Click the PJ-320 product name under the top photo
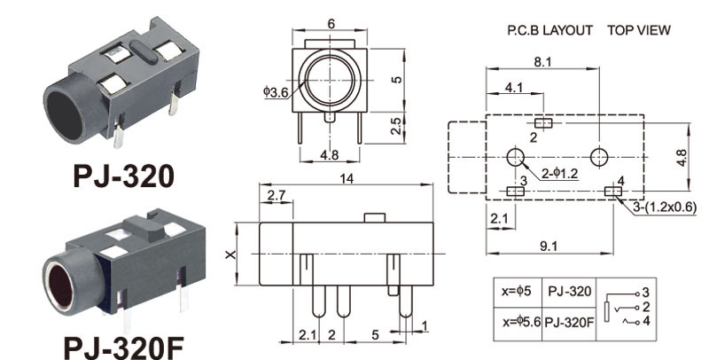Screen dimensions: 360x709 click(x=123, y=174)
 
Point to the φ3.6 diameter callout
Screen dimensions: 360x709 click(x=275, y=92)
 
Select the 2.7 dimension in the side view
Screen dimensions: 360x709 click(x=276, y=194)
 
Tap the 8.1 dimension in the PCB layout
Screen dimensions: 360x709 click(x=542, y=62)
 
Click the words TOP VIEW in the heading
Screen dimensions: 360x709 click(x=639, y=30)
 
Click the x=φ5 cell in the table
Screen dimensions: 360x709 click(x=514, y=291)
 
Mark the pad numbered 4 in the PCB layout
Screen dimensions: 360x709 click(x=612, y=191)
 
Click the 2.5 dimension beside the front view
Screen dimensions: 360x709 click(x=398, y=126)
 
